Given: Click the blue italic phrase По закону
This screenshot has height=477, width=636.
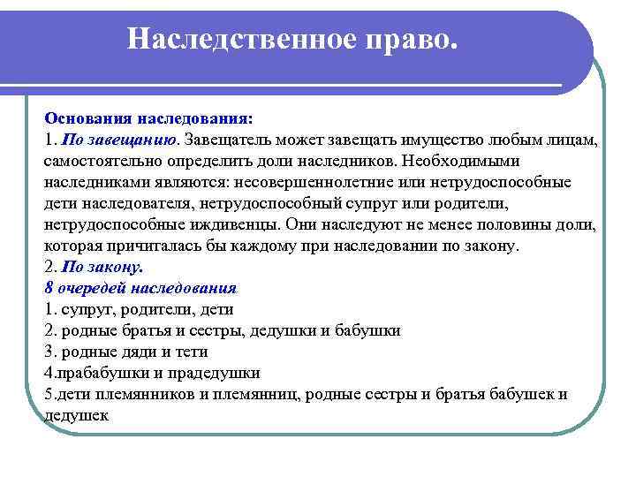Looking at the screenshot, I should click(104, 266).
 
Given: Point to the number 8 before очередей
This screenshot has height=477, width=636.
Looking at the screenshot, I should click(48, 287).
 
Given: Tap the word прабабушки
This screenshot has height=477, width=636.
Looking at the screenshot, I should click(97, 373).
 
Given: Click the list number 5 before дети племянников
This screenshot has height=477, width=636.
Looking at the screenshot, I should click(48, 394).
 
